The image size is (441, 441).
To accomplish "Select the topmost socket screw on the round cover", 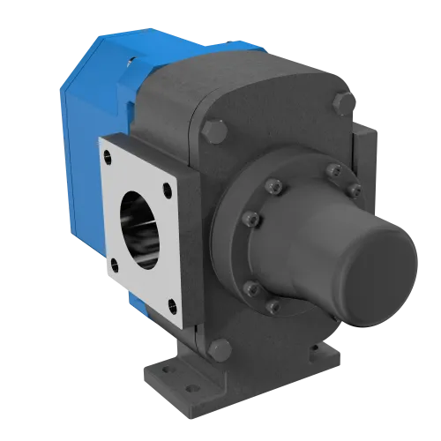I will point(332,170).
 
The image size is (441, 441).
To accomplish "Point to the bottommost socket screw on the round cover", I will point(273,306).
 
